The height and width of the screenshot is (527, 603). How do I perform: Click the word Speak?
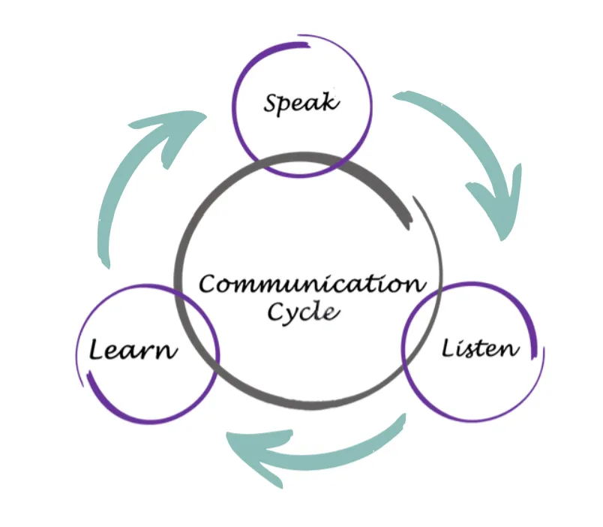301,102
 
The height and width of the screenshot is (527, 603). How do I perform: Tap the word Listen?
480,348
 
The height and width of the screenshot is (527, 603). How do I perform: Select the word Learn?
133,349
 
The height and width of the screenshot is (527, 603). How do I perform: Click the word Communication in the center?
311,285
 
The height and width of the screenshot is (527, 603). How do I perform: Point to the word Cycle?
304,312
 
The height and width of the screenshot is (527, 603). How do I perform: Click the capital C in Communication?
208,285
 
